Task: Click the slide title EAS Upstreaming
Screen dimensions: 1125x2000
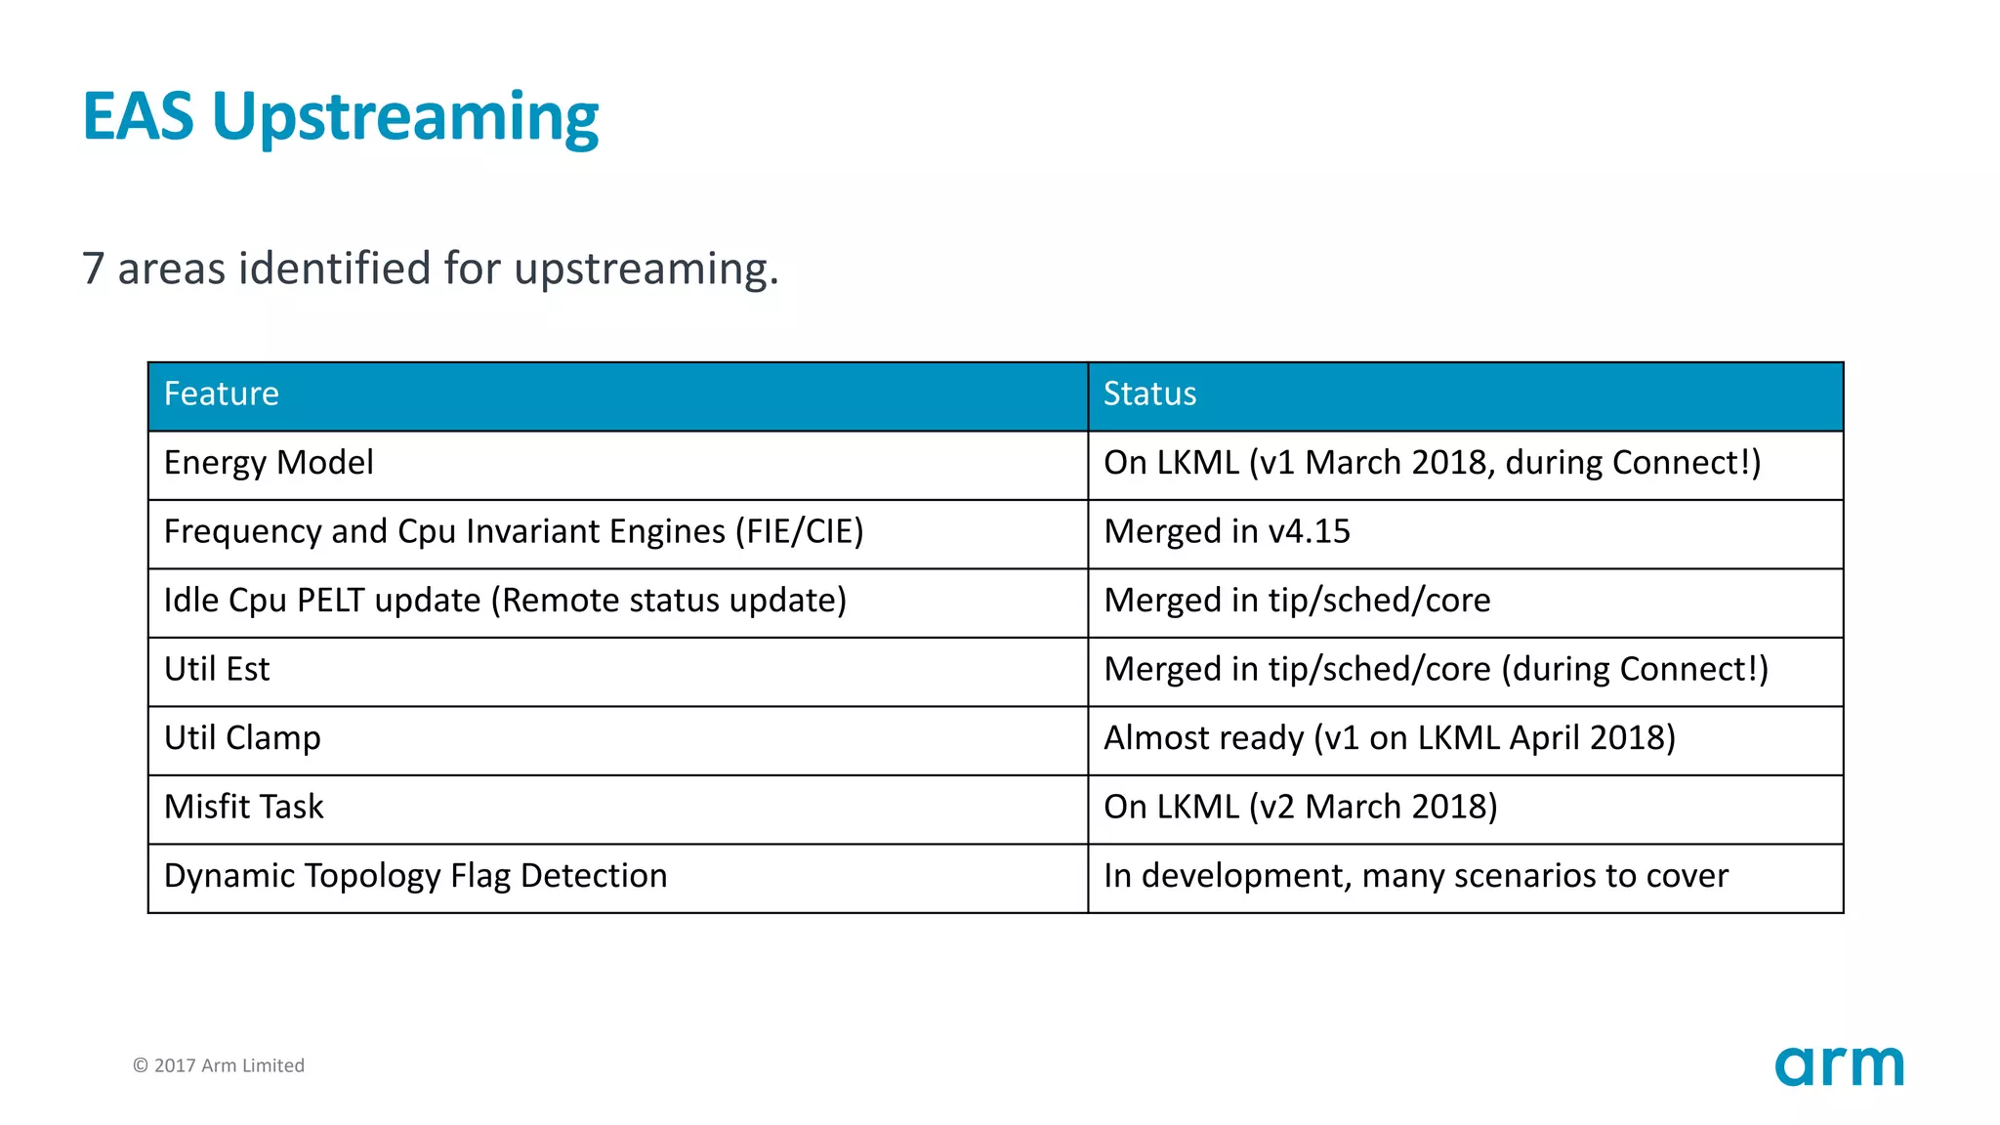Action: pyautogui.click(x=340, y=117)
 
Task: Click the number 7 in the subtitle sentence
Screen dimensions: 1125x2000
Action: pyautogui.click(x=93, y=269)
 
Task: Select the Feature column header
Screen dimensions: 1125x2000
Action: pyautogui.click(x=222, y=395)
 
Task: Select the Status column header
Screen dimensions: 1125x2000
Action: pyautogui.click(x=1149, y=395)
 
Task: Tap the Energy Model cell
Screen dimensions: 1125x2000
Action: pyautogui.click(x=269, y=463)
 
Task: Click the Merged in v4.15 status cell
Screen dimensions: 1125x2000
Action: pyautogui.click(x=1227, y=532)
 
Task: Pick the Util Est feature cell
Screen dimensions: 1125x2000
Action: pyautogui.click(x=217, y=670)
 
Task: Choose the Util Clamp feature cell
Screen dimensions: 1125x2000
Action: pyautogui.click(x=242, y=738)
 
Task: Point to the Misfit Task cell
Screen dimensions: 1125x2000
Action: pyautogui.click(x=244, y=808)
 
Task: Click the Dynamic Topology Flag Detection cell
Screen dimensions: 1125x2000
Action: pyautogui.click(x=415, y=876)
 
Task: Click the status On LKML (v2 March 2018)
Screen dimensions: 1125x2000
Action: pyautogui.click(x=1300, y=808)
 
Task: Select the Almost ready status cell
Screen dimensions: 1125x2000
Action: pyautogui.click(x=1389, y=738)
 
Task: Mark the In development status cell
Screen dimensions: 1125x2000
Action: pyautogui.click(x=1415, y=876)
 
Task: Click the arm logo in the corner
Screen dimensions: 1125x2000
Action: pyautogui.click(x=1839, y=1065)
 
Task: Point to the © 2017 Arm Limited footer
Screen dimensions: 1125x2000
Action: pyautogui.click(x=219, y=1065)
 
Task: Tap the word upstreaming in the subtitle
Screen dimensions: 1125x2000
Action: pyautogui.click(x=645, y=270)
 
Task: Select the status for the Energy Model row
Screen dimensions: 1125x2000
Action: pyautogui.click(x=1432, y=463)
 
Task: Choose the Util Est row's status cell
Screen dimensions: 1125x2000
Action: pyautogui.click(x=1436, y=670)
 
